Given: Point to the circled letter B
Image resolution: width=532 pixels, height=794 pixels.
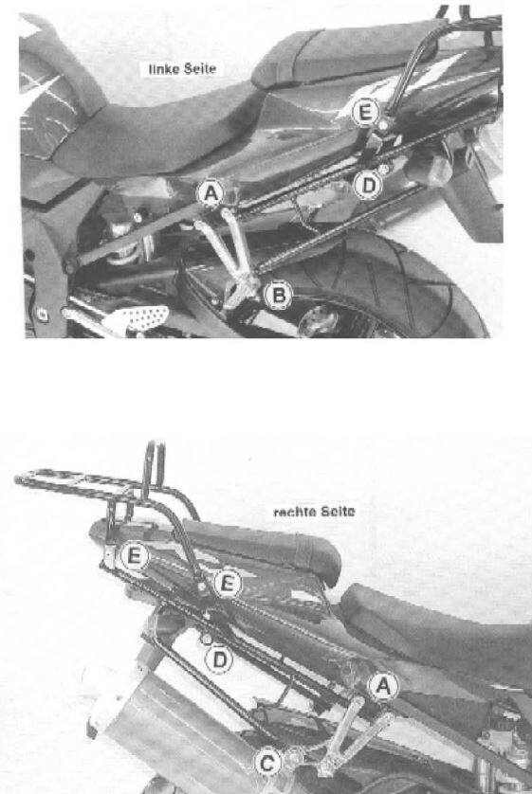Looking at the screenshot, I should coord(279,298).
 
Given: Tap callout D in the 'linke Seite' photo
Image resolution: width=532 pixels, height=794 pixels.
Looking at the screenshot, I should coord(366,186).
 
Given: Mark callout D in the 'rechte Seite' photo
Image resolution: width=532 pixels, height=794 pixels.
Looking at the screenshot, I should coord(220,657).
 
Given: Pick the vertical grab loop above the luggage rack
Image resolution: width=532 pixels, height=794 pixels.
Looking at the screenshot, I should coord(149,469).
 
